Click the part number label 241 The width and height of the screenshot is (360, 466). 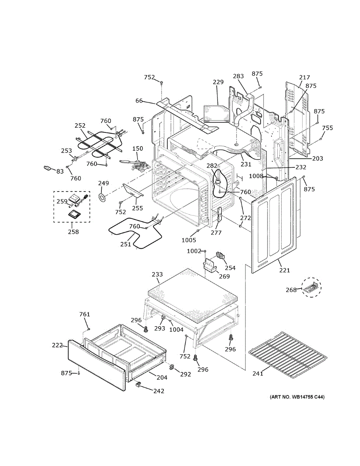(x=258, y=374)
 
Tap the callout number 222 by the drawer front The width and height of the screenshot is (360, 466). (x=57, y=345)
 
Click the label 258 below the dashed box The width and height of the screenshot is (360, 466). (x=73, y=232)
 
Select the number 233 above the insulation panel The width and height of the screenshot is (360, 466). (x=157, y=275)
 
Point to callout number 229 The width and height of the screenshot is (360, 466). (x=218, y=82)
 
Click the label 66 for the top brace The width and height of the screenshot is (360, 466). (x=139, y=101)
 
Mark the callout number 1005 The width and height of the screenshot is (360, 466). (x=189, y=240)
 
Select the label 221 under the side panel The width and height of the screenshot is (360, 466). (x=284, y=270)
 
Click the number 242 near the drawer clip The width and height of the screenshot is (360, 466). (x=158, y=391)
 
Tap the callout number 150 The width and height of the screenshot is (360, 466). (x=138, y=148)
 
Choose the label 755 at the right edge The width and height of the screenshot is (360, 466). (x=327, y=128)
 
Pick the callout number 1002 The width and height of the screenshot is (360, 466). (x=194, y=251)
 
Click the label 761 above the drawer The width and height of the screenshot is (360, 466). (x=85, y=314)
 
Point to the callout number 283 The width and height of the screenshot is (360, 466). (x=238, y=77)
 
